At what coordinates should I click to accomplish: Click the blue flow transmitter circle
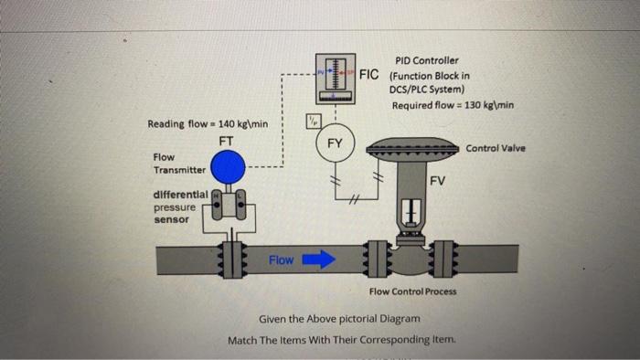coord(227,167)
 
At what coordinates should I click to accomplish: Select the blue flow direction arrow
coord(319,260)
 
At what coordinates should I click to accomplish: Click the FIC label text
coord(370,74)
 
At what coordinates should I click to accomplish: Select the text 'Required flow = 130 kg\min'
coord(453,105)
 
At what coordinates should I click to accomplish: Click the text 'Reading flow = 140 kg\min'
coord(208,123)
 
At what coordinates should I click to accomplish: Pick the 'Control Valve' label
coord(496,148)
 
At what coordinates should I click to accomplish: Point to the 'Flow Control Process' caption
coord(412,291)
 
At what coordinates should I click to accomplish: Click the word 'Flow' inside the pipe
coord(282,260)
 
